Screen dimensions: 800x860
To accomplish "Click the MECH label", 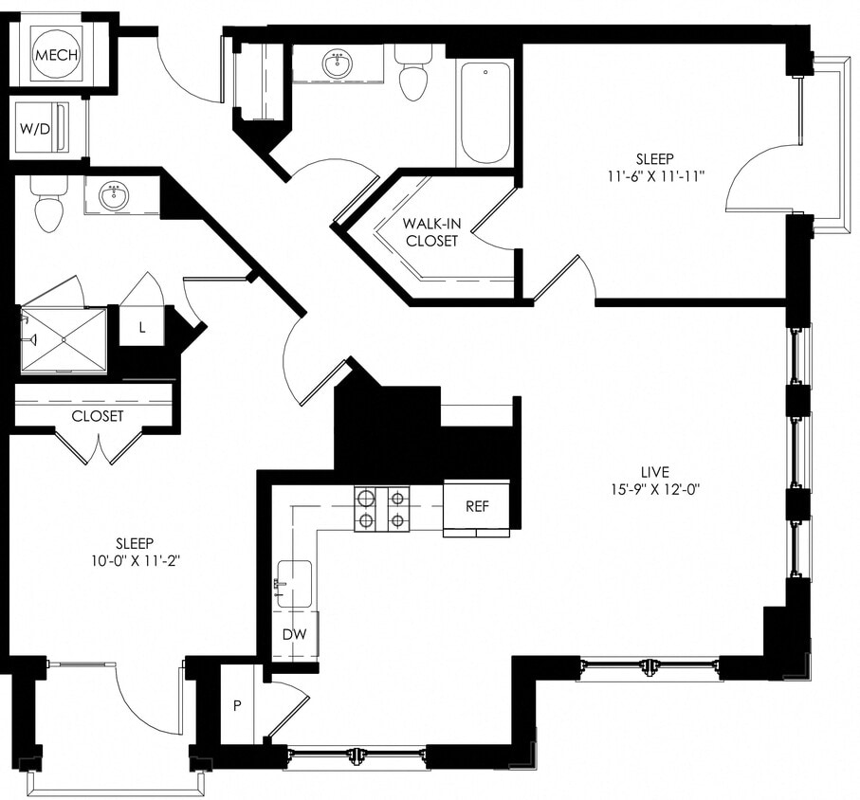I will (x=56, y=55).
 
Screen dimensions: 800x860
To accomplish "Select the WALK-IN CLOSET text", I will (x=431, y=232).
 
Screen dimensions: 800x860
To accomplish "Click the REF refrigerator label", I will (x=477, y=506).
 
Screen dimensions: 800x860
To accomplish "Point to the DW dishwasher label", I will (x=294, y=635).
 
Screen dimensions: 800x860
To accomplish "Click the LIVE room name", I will (x=654, y=471).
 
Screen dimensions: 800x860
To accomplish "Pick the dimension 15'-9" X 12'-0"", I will (x=654, y=489).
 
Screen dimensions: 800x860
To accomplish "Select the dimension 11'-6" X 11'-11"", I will (x=658, y=175).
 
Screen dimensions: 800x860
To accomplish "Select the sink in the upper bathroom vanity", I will (x=336, y=64).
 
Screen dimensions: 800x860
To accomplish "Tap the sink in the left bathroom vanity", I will (x=116, y=197).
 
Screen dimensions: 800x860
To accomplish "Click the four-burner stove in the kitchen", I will (x=381, y=509).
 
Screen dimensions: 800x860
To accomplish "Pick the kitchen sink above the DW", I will (x=294, y=583).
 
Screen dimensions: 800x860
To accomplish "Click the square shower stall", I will (x=64, y=339).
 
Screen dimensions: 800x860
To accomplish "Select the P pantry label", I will (x=237, y=705).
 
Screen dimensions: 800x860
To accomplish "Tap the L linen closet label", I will (x=142, y=327).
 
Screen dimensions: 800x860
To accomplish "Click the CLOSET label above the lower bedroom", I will (x=98, y=415).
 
